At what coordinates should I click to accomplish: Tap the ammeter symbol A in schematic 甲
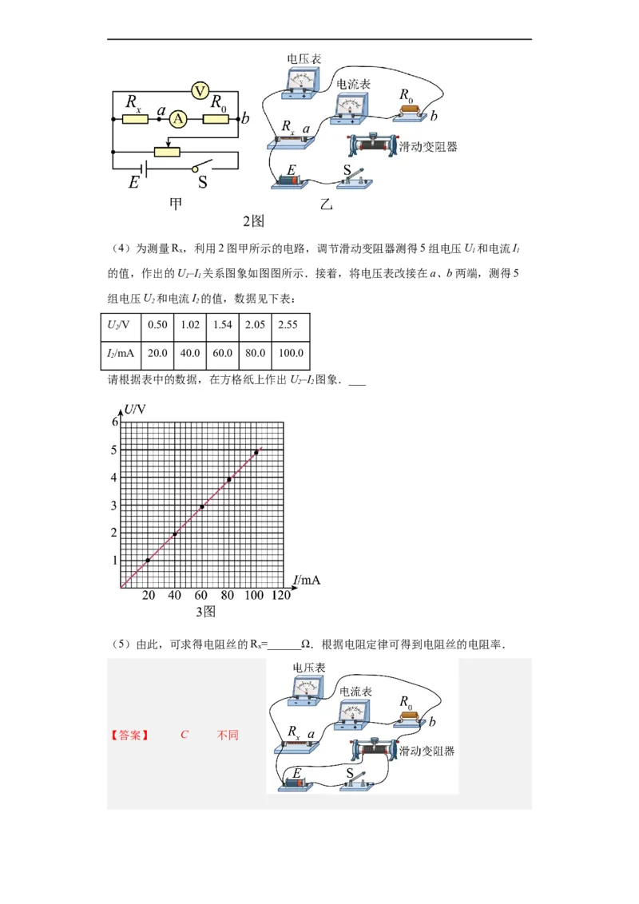point(179,119)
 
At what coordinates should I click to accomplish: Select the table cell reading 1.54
point(221,325)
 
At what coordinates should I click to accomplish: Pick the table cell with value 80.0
point(255,353)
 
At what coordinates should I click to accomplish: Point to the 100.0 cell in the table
point(290,353)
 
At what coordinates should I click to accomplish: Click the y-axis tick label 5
point(114,450)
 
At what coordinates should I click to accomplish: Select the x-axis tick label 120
point(281,596)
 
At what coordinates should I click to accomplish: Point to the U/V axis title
point(135,409)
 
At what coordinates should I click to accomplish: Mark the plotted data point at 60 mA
point(202,507)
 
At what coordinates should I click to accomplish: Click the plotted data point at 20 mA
point(148,561)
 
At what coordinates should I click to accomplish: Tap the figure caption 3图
point(206,612)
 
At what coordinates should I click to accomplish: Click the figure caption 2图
point(253,220)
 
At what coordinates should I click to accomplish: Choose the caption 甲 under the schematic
point(176,204)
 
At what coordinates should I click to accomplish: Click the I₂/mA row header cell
point(120,353)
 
